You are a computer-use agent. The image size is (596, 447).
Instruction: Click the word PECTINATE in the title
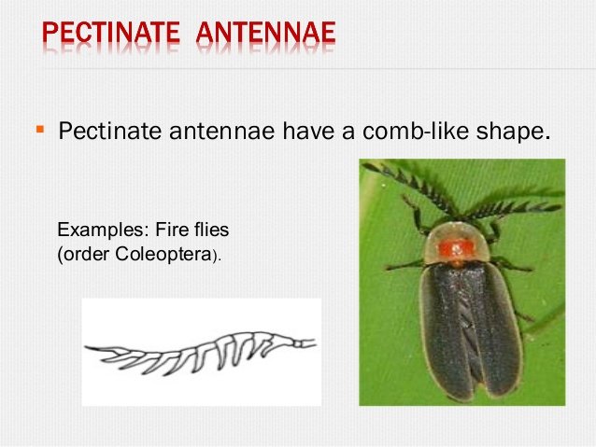click(x=110, y=35)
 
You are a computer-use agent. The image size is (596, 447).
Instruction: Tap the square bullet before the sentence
click(x=40, y=127)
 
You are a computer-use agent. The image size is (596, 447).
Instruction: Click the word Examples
click(x=98, y=228)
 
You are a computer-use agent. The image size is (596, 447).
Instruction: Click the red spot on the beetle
click(x=457, y=247)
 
